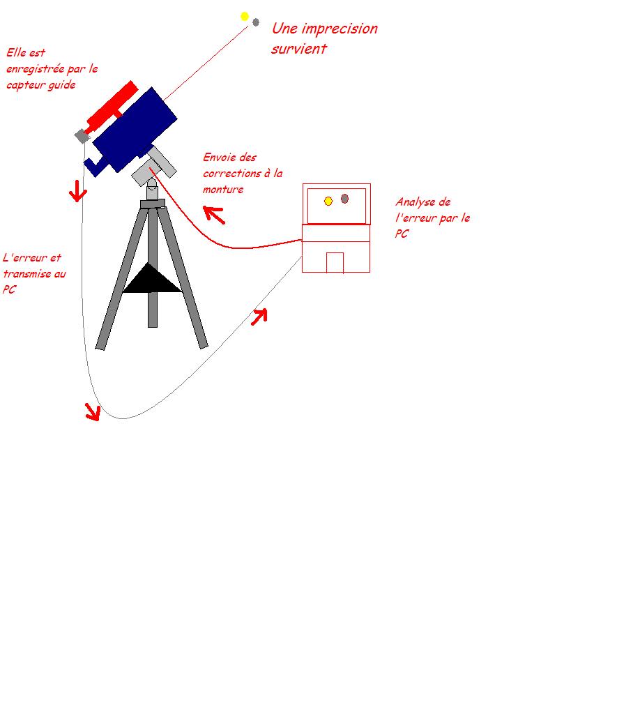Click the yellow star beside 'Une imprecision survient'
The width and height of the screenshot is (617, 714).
(245, 16)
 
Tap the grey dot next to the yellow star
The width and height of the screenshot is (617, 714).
(256, 22)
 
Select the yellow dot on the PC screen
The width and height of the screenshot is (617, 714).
(328, 201)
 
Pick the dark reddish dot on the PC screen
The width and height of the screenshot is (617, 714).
(344, 199)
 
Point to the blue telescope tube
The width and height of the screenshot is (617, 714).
(136, 129)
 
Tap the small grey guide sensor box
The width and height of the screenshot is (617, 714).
(82, 135)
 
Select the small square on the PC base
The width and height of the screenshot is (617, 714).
(335, 262)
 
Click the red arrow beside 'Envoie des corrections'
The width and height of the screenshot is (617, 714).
(215, 214)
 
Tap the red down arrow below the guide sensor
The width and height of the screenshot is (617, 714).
(78, 191)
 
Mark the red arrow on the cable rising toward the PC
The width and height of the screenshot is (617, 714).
(259, 317)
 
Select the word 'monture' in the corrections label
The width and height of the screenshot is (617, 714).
(223, 190)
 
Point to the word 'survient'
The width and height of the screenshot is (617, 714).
(299, 49)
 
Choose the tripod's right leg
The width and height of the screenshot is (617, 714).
(185, 279)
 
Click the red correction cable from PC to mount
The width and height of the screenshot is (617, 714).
(230, 245)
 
